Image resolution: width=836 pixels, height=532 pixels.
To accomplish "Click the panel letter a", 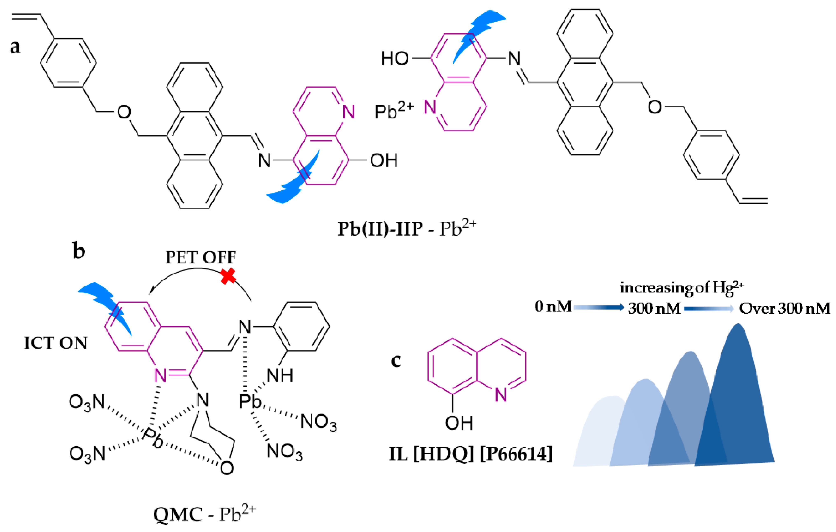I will tap(15, 47).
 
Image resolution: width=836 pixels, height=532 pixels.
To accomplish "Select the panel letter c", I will tap(396, 361).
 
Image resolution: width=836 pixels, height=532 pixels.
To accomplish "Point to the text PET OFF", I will tap(201, 258).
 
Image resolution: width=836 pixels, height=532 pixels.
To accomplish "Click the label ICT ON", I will tap(56, 343).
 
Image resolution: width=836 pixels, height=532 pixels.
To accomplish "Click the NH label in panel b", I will tap(280, 376).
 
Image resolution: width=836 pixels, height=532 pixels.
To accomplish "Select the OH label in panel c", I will tap(459, 423).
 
